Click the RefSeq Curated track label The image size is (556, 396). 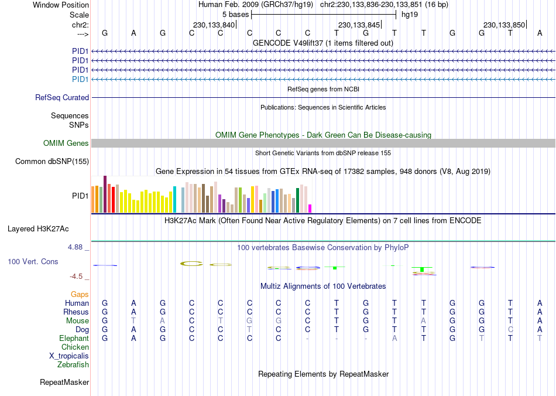click(x=62, y=98)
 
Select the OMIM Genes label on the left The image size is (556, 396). click(x=66, y=144)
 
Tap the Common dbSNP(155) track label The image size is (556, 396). click(x=52, y=162)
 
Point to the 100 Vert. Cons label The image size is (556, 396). click(x=33, y=261)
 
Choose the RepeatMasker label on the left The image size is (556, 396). click(x=64, y=383)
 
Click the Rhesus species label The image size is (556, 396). click(x=76, y=312)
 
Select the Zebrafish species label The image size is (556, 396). click(x=73, y=365)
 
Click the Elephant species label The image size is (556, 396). click(x=74, y=339)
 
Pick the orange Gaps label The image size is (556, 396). click(x=80, y=294)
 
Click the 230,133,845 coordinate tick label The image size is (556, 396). click(x=359, y=25)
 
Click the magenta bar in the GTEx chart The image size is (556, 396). click(x=310, y=209)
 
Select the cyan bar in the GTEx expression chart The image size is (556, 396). click(x=174, y=200)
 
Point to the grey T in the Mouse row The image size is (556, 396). click(x=133, y=321)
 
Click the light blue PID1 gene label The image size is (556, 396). click(x=80, y=79)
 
